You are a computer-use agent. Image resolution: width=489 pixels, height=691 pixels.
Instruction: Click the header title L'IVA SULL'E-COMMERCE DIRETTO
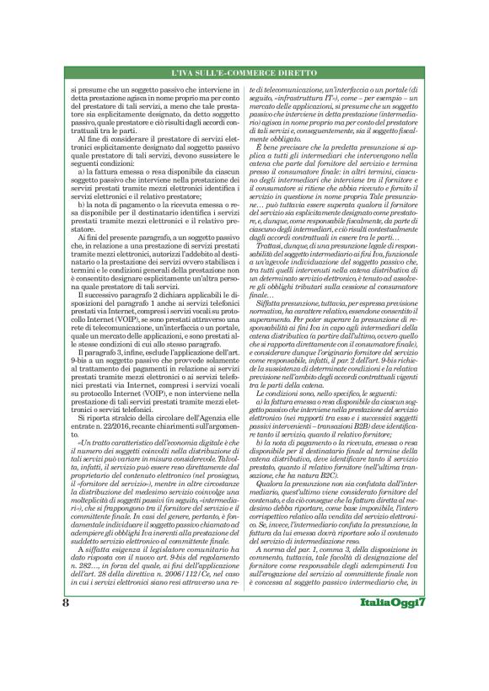tap(244, 77)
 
